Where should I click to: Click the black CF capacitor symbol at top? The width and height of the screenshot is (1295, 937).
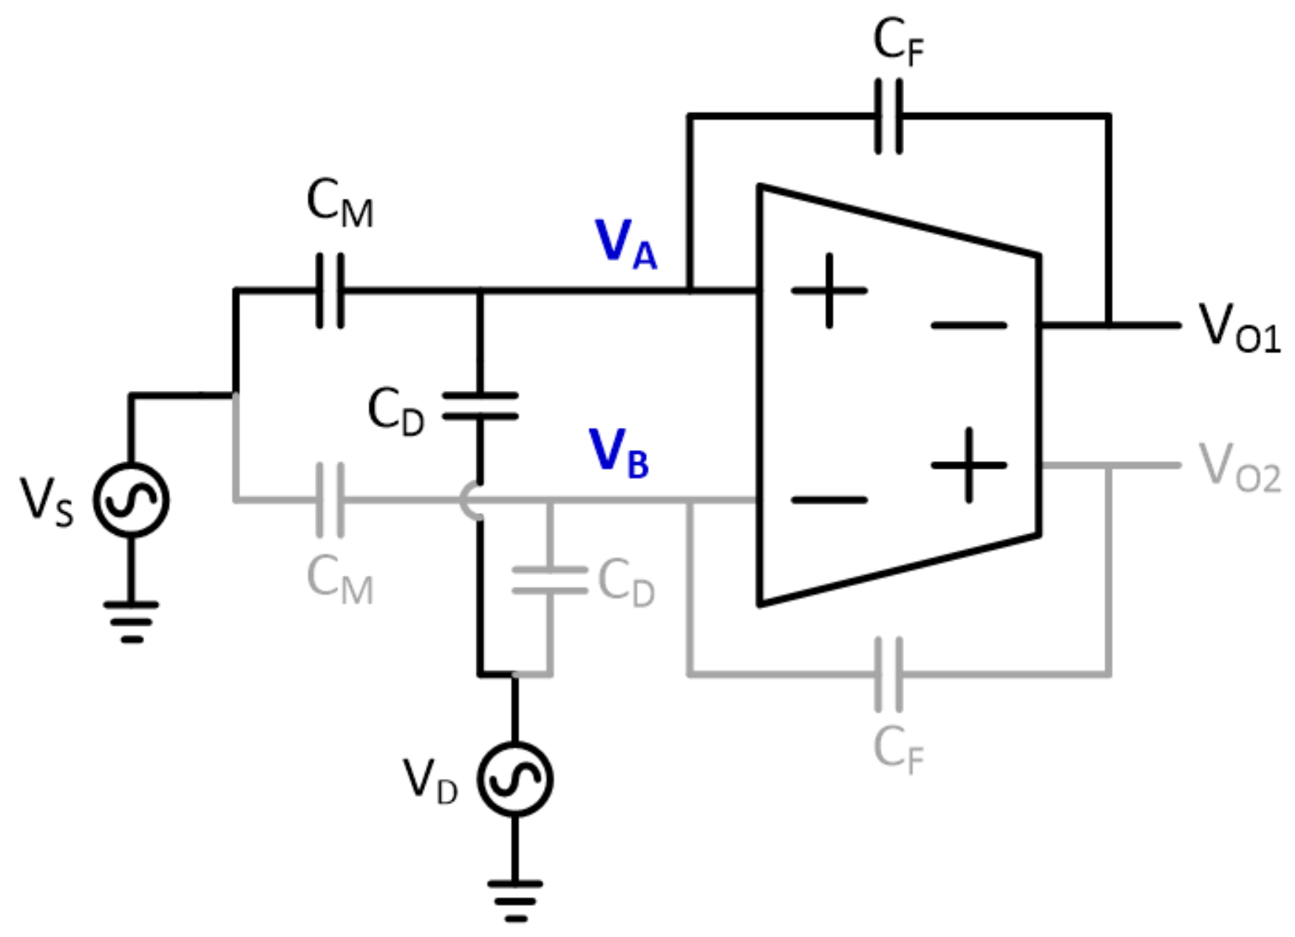pyautogui.click(x=888, y=117)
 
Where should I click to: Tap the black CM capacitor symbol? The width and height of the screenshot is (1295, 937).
pyautogui.click(x=330, y=290)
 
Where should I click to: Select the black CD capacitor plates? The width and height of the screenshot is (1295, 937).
pyautogui.click(x=480, y=406)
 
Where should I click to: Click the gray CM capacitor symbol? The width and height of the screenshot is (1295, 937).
pyautogui.click(x=330, y=500)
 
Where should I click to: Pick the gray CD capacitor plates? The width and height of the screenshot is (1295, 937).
pyautogui.click(x=549, y=581)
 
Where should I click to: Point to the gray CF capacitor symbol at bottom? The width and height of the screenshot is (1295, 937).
pyautogui.click(x=888, y=674)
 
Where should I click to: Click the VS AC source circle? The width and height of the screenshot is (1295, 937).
pyautogui.click(x=131, y=500)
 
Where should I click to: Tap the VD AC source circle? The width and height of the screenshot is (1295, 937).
pyautogui.click(x=514, y=779)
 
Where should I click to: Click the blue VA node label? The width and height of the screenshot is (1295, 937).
pyautogui.click(x=625, y=244)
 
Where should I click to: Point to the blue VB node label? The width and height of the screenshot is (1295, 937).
pyautogui.click(x=619, y=453)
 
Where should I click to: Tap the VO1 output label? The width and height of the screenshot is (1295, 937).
pyautogui.click(x=1239, y=328)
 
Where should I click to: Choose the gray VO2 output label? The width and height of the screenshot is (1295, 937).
pyautogui.click(x=1239, y=468)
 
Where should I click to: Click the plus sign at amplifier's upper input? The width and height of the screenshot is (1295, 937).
pyautogui.click(x=829, y=290)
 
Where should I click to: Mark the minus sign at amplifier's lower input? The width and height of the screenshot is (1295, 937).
pyautogui.click(x=829, y=500)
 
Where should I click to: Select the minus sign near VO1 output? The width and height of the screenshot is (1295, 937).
pyautogui.click(x=968, y=325)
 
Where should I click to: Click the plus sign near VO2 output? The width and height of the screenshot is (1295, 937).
pyautogui.click(x=968, y=466)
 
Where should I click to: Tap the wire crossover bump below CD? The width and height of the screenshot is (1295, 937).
pyautogui.click(x=470, y=500)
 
